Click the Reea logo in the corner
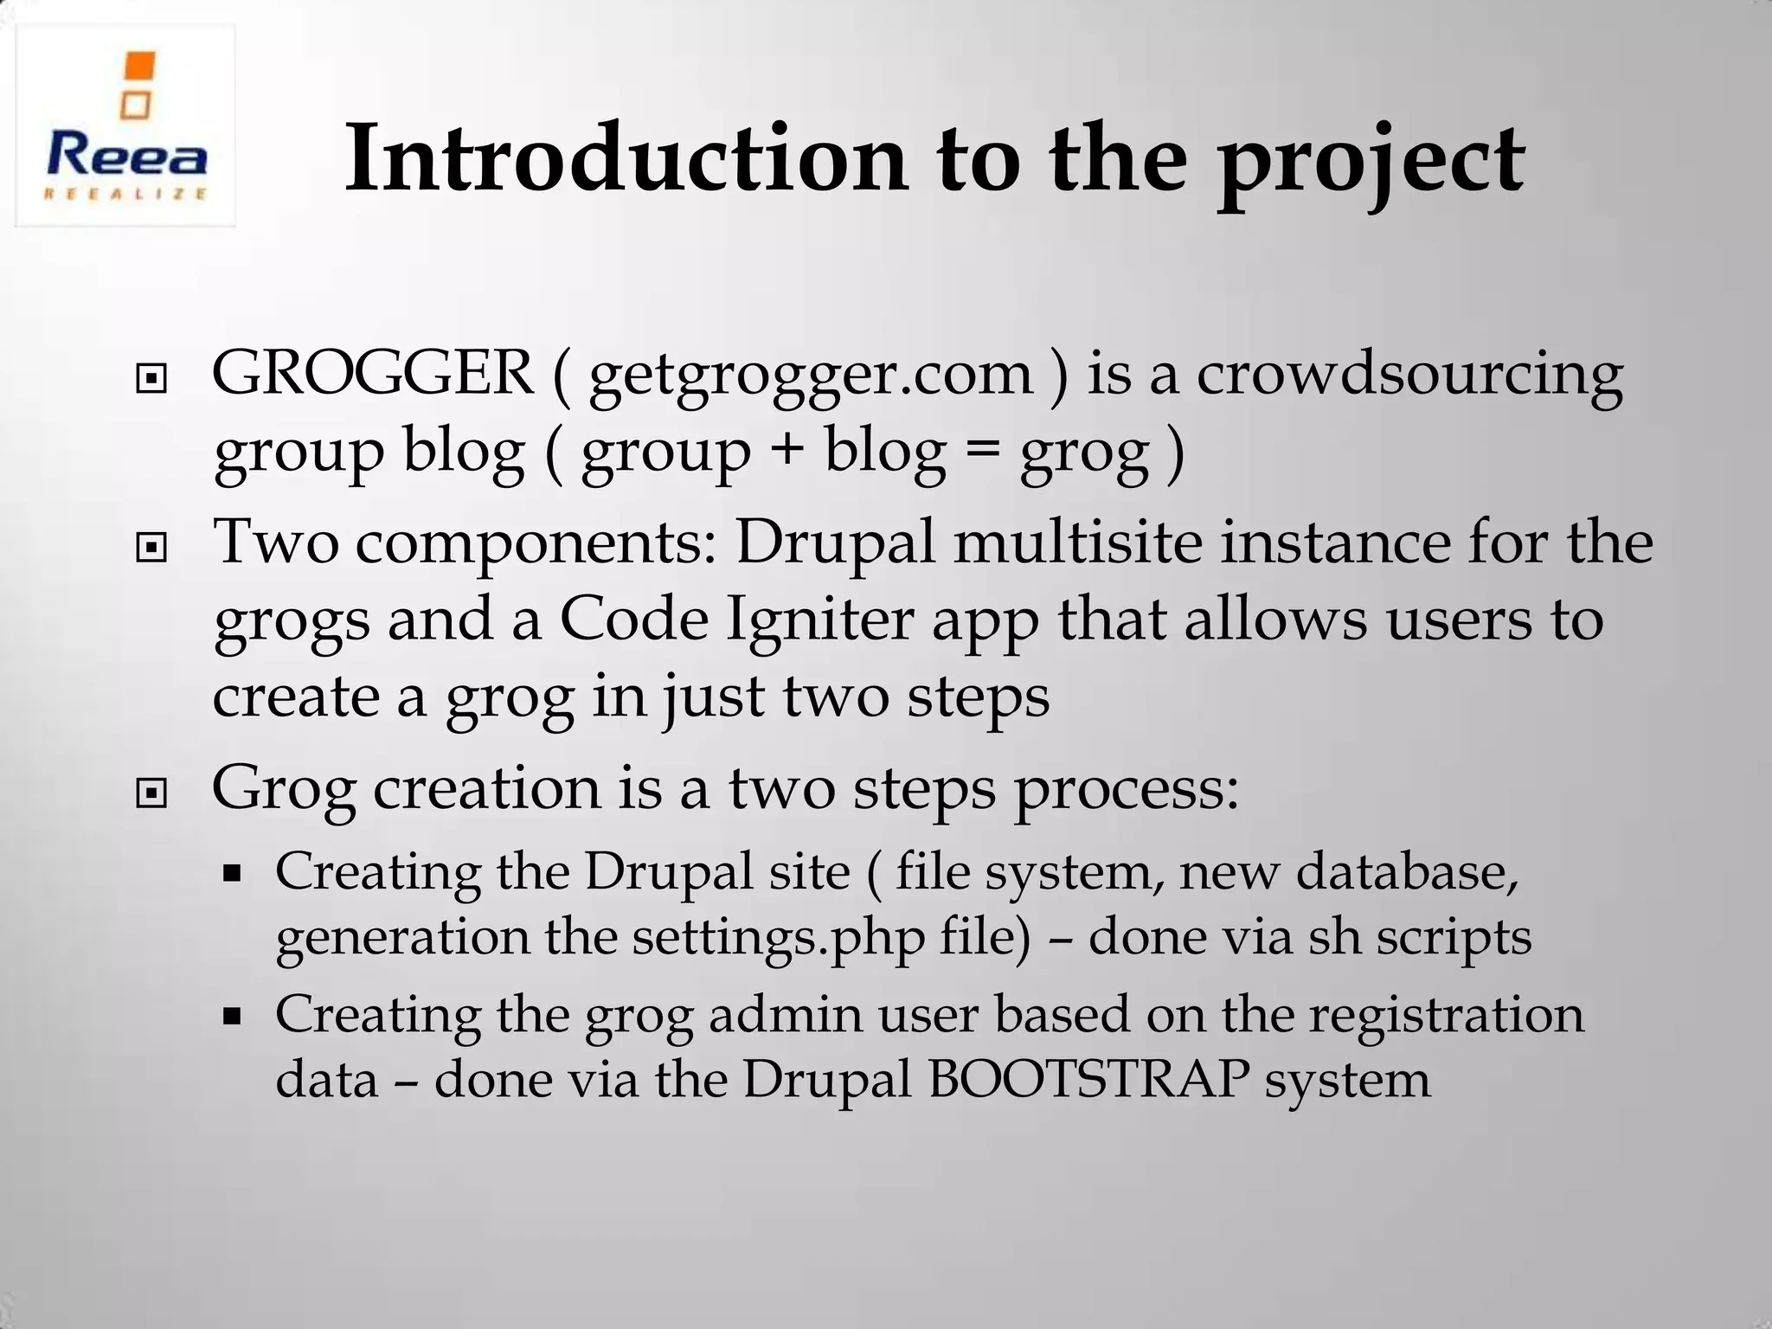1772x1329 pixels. (x=126, y=126)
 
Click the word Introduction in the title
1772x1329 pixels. (x=626, y=159)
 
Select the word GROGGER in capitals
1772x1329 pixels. (x=373, y=374)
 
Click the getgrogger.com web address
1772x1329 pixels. (x=811, y=376)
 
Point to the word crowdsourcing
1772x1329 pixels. (x=1409, y=376)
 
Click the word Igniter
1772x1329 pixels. (x=819, y=621)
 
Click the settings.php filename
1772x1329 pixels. (x=778, y=938)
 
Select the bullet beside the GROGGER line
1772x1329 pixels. (x=151, y=378)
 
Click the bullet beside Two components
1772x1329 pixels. (x=151, y=548)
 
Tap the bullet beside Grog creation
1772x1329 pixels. (x=151, y=792)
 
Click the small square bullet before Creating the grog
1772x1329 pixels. (x=231, y=1017)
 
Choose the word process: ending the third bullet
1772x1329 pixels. (x=1126, y=791)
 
